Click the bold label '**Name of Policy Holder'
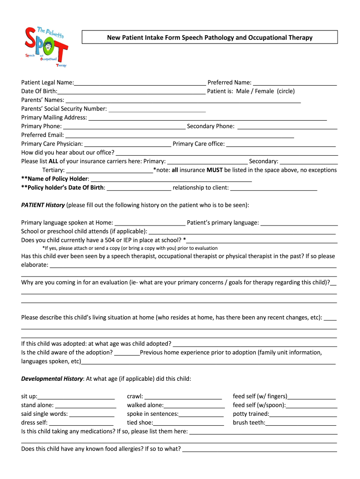(x=55, y=179)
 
